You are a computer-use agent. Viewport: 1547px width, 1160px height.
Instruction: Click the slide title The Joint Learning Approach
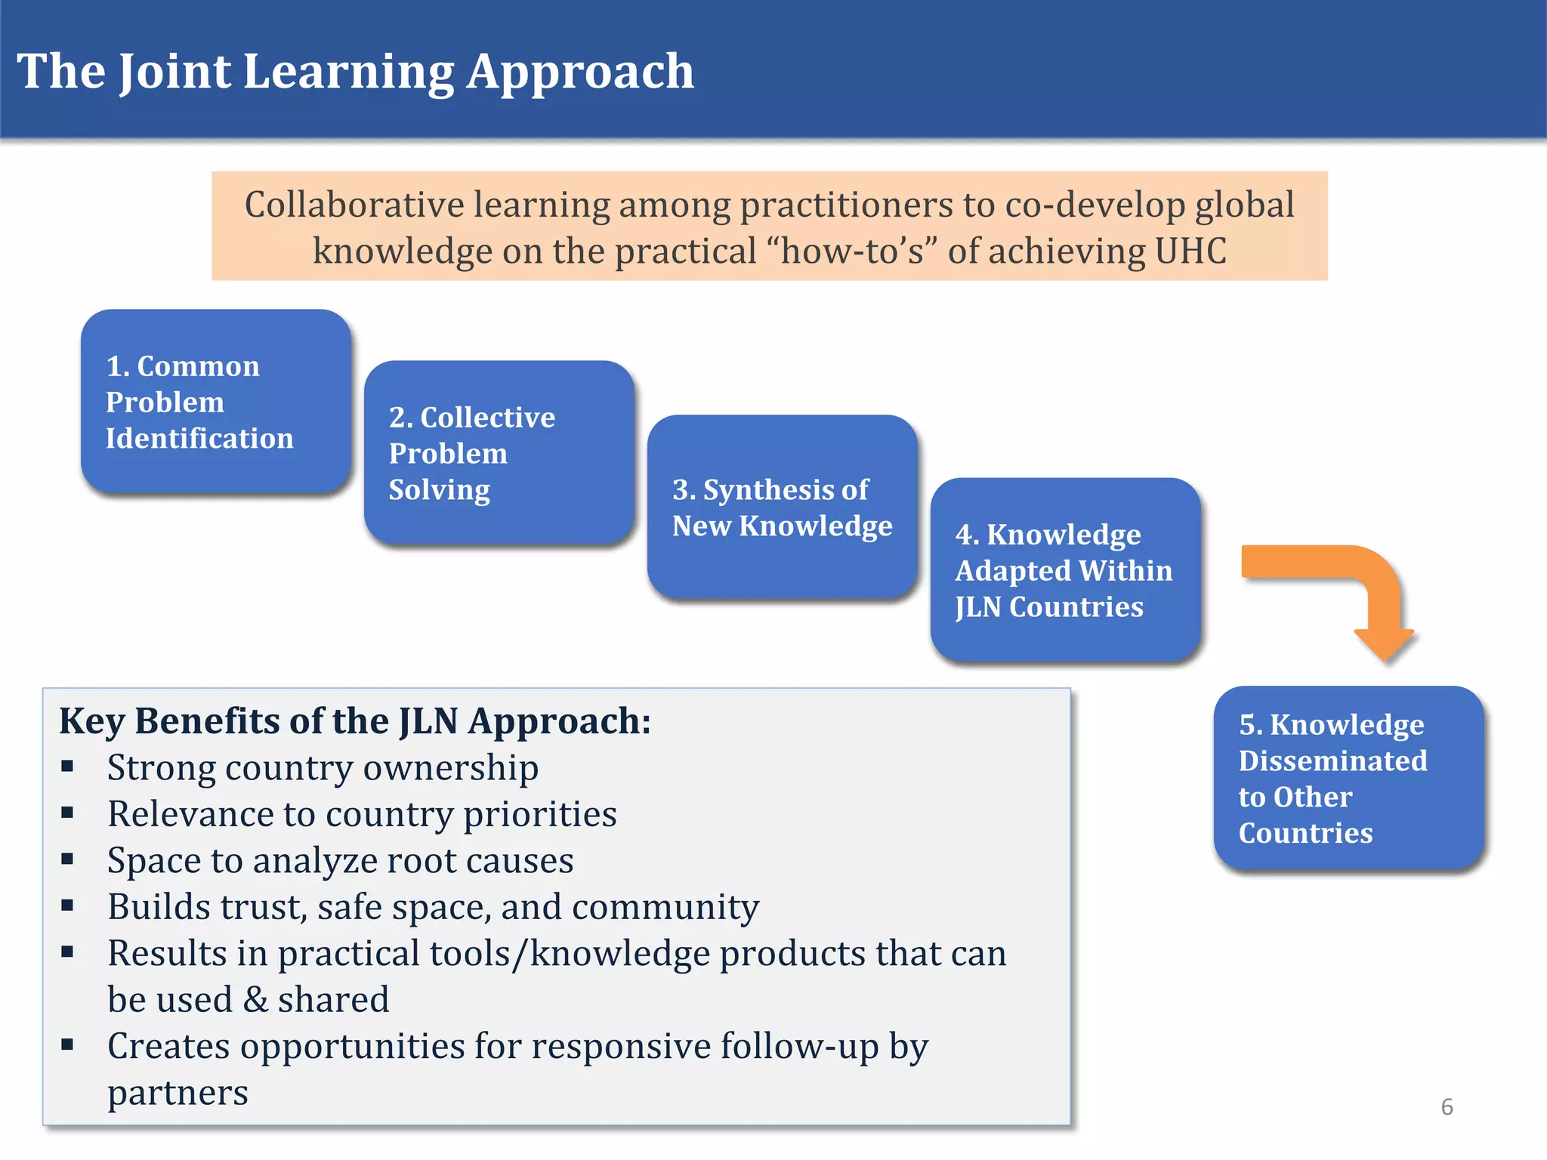[x=355, y=72]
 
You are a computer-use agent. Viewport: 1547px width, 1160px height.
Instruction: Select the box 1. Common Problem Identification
[x=215, y=402]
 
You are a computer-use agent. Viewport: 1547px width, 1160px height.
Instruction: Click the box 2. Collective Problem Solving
[x=499, y=453]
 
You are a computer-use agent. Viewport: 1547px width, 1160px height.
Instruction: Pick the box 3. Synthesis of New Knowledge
[x=782, y=507]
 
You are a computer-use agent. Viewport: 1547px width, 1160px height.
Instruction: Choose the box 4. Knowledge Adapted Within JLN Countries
[x=1065, y=570]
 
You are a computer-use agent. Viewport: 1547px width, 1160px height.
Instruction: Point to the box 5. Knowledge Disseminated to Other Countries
[x=1348, y=778]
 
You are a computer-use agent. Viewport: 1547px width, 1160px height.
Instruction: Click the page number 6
[x=1447, y=1107]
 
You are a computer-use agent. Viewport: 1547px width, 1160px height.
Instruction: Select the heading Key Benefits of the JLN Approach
[x=355, y=721]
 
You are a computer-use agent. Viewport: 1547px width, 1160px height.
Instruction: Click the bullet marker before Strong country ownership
[x=67, y=767]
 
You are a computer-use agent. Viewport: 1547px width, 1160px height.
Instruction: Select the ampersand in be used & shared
[x=256, y=1000]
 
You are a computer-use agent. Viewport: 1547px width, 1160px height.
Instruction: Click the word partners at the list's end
[x=178, y=1094]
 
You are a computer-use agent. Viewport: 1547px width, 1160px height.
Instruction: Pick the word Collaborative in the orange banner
[x=354, y=205]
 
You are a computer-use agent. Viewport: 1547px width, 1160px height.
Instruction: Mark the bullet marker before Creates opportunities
[x=67, y=1046]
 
